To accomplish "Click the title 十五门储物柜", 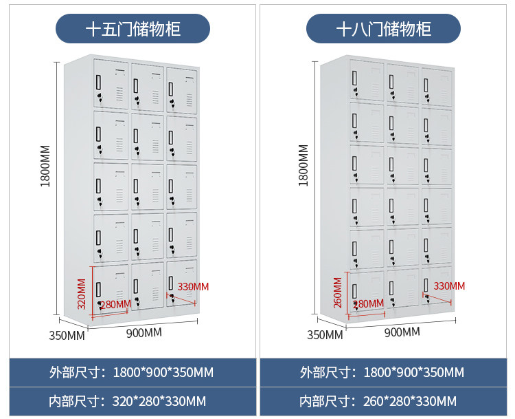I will (133, 30).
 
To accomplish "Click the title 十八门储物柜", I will (383, 30).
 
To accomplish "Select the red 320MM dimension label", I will (82, 294).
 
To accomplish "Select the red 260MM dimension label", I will (337, 293).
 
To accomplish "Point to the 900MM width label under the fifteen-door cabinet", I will (144, 333).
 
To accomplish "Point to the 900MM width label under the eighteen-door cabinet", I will (401, 332).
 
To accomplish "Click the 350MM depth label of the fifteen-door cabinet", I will (67, 336).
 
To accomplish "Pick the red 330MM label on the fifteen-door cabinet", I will (193, 286).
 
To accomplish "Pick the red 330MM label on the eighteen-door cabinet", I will (448, 286).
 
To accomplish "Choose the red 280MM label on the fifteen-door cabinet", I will (115, 304).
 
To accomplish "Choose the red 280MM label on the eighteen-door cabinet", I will (368, 303).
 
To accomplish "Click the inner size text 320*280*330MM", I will (158, 400).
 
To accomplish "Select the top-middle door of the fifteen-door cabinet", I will (146, 88).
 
